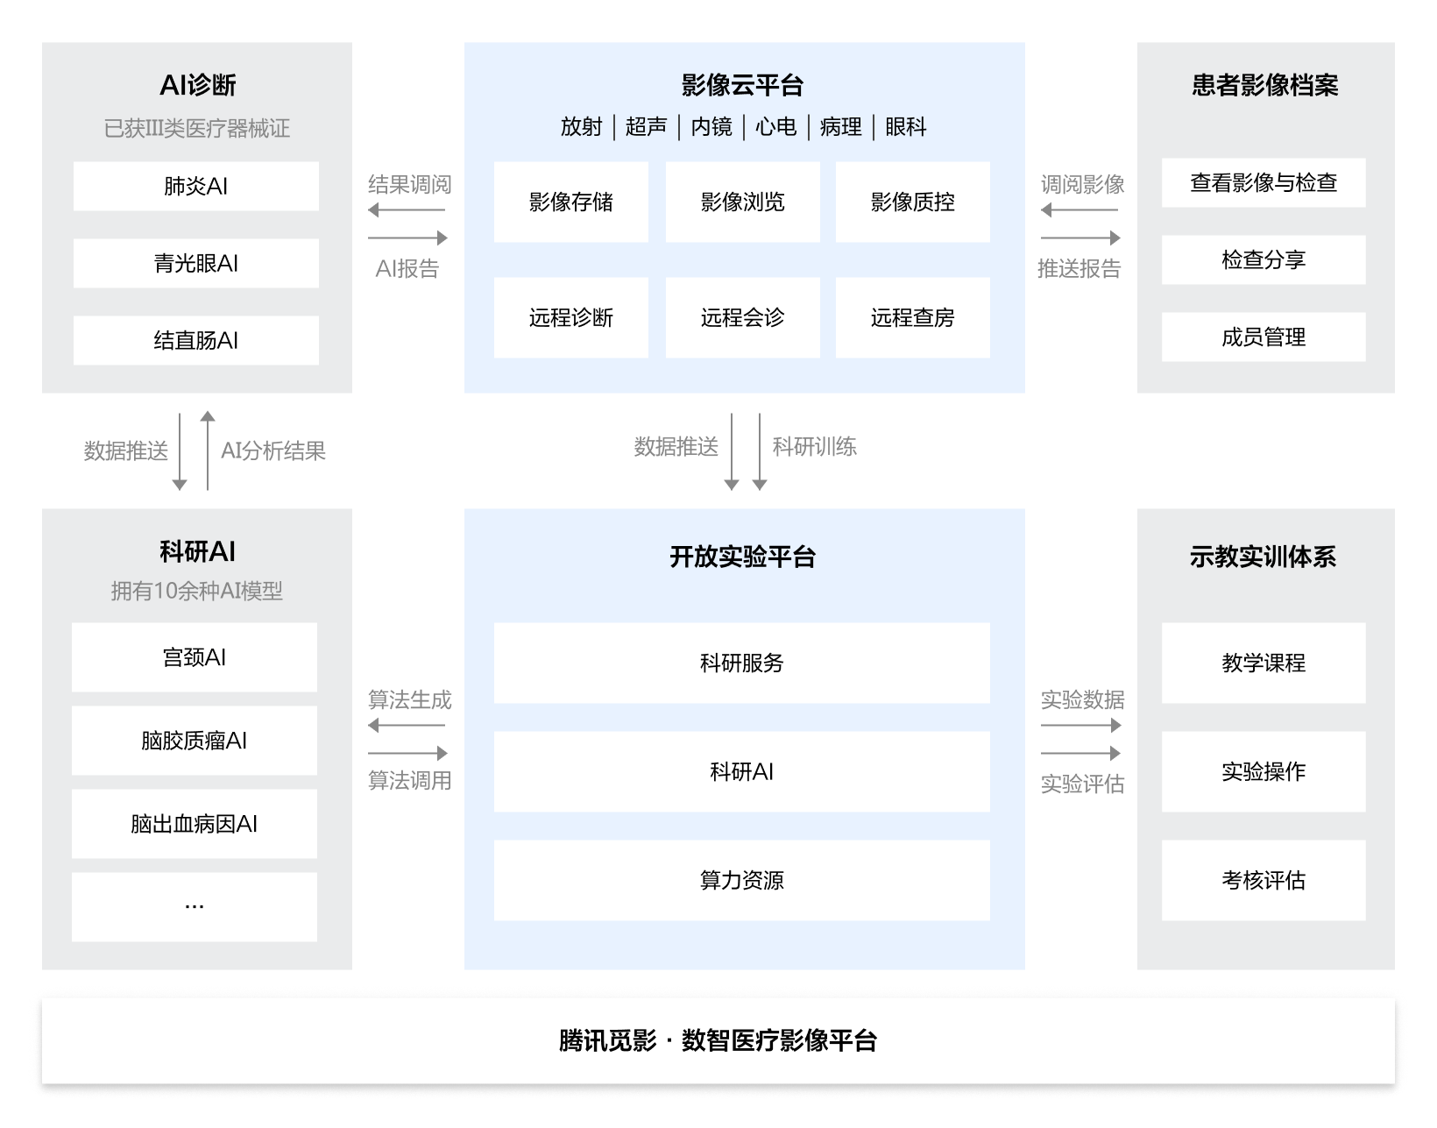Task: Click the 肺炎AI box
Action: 195,186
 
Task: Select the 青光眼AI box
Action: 195,263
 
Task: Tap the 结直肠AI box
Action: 195,340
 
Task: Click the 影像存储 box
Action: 570,202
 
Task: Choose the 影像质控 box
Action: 913,202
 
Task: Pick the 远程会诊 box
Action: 743,317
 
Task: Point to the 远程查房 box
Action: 913,317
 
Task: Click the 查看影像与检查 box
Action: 1264,182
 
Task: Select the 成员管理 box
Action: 1264,337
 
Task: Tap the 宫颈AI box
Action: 195,657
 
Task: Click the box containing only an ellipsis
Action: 195,906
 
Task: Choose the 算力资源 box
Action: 742,880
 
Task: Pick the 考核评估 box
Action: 1264,880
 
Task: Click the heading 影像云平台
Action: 743,85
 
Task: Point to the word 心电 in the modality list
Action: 775,126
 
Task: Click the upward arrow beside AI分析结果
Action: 208,450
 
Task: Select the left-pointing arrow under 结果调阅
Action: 407,210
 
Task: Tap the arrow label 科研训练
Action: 815,447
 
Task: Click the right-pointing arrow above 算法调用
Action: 408,753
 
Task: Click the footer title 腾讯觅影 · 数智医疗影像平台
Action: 718,1040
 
